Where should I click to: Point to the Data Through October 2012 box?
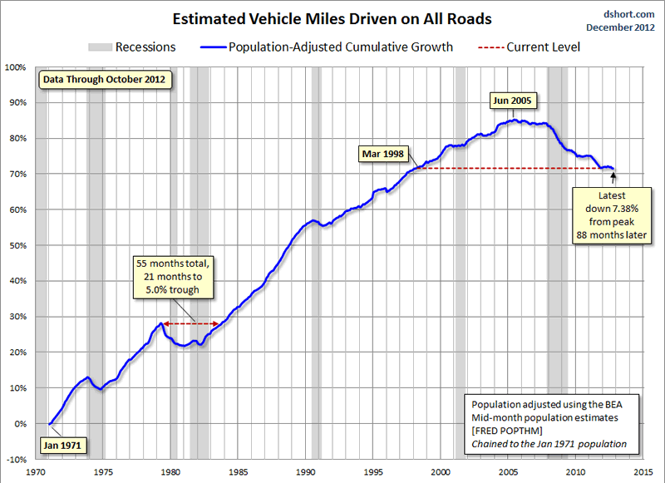pos(104,80)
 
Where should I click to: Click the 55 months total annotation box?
pos(175,278)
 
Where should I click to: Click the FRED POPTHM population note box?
pos(549,423)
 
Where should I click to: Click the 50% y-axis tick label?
pos(17,245)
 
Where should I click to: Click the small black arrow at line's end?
pos(614,176)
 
